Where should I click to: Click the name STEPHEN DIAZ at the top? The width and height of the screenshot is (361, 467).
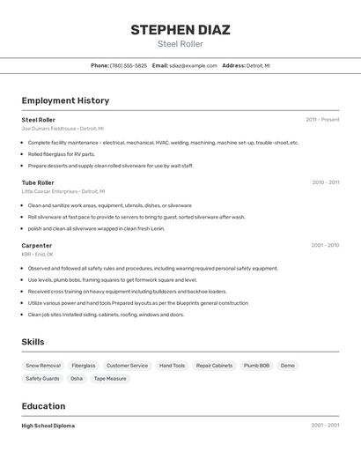click(x=180, y=30)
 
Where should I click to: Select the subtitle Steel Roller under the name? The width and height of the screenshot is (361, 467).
click(x=180, y=44)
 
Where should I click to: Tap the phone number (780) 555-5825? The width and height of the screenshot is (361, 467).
click(x=129, y=65)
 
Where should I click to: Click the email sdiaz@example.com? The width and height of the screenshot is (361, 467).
click(x=193, y=65)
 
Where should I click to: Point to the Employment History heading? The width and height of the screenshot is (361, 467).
click(x=65, y=100)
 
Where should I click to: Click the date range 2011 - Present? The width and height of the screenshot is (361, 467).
click(x=322, y=120)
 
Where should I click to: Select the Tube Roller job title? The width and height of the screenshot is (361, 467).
click(x=38, y=182)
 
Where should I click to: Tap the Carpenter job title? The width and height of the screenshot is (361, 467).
click(x=37, y=245)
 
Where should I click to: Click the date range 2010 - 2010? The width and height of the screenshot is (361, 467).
click(x=325, y=182)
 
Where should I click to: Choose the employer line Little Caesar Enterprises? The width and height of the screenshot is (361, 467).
click(x=63, y=191)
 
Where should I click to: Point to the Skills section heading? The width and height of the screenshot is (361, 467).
click(x=33, y=342)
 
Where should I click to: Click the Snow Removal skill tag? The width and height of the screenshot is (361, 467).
click(x=43, y=365)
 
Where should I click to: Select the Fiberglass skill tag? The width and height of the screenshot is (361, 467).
click(x=84, y=365)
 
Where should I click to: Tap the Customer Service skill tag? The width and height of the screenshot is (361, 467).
click(x=128, y=365)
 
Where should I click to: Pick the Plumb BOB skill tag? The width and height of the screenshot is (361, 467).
click(x=257, y=365)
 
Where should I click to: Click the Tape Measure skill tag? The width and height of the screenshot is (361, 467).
click(x=110, y=378)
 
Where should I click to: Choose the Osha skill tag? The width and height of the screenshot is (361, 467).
click(x=77, y=378)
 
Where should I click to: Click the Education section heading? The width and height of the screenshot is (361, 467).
click(x=43, y=406)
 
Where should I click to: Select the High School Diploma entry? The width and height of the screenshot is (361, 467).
click(x=48, y=426)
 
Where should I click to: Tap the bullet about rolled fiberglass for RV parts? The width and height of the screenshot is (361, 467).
click(x=62, y=154)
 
